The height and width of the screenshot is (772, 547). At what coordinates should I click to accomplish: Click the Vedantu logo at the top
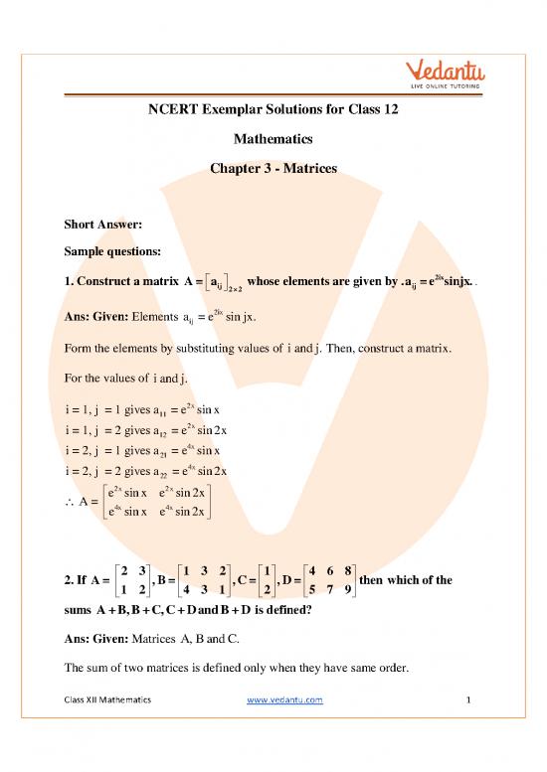tap(453, 72)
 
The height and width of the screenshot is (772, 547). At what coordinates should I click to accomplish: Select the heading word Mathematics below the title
tap(273, 140)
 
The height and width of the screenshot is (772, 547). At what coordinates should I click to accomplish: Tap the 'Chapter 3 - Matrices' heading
tap(273, 169)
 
